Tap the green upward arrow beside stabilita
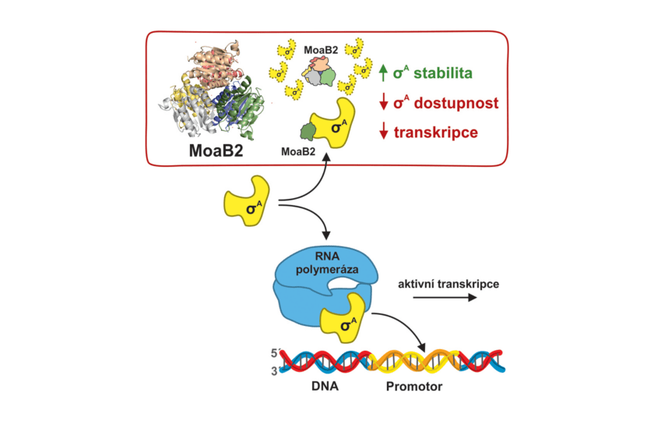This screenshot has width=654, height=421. pyautogui.click(x=382, y=73)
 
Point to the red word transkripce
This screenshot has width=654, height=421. pyautogui.click(x=437, y=132)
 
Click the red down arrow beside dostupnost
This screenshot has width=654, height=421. pyautogui.click(x=382, y=102)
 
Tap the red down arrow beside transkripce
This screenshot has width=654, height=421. pyautogui.click(x=382, y=132)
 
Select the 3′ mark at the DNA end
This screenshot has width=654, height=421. pyautogui.click(x=274, y=371)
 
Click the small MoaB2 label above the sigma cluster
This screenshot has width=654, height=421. pyautogui.click(x=319, y=50)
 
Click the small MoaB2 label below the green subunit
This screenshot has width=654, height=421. pyautogui.click(x=297, y=152)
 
